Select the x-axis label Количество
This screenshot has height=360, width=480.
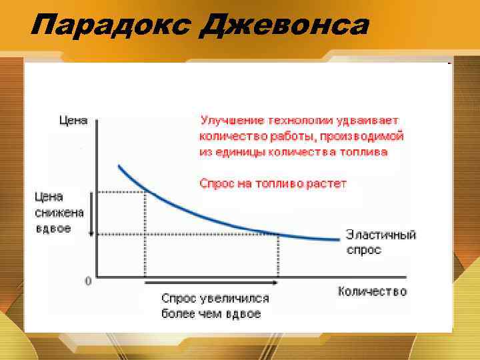(372, 291)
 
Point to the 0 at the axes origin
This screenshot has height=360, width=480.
(88, 281)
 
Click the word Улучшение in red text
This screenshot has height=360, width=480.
(231, 121)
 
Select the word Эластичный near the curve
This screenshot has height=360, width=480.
(381, 235)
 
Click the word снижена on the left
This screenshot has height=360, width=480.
(59, 213)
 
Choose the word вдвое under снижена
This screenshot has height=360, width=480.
(53, 228)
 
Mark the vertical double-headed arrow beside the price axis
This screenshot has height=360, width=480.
(90, 213)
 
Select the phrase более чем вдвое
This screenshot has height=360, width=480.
(211, 313)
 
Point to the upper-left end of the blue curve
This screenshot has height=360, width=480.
(119, 167)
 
